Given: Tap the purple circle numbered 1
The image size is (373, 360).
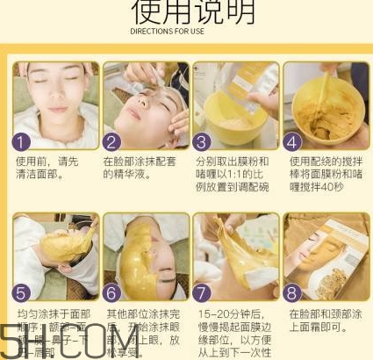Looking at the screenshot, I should pyautogui.click(x=25, y=140).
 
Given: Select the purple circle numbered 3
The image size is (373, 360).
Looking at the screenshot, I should pyautogui.click(x=202, y=140).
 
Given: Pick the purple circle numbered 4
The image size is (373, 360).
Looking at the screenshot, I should pyautogui.click(x=293, y=140).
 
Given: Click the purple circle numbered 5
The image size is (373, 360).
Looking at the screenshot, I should pyautogui.click(x=25, y=291).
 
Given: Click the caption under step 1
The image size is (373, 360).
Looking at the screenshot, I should pyautogui.click(x=47, y=169).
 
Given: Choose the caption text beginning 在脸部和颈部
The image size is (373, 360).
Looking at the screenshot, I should pyautogui.click(x=321, y=320).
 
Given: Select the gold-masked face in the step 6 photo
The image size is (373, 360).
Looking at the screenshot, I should pyautogui.click(x=140, y=255).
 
